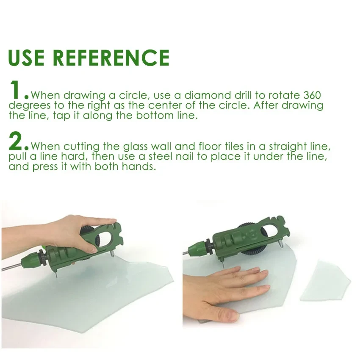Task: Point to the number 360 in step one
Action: [x=312, y=95]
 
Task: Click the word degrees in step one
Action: [x=29, y=106]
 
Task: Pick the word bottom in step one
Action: [x=155, y=115]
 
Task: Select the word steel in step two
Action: [x=161, y=156]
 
